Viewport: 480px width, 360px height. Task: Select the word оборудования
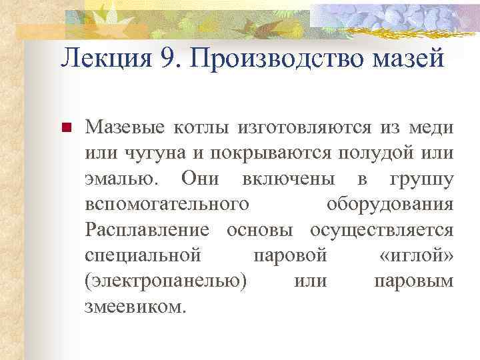(391, 204)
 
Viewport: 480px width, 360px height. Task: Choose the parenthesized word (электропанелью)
(166, 281)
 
